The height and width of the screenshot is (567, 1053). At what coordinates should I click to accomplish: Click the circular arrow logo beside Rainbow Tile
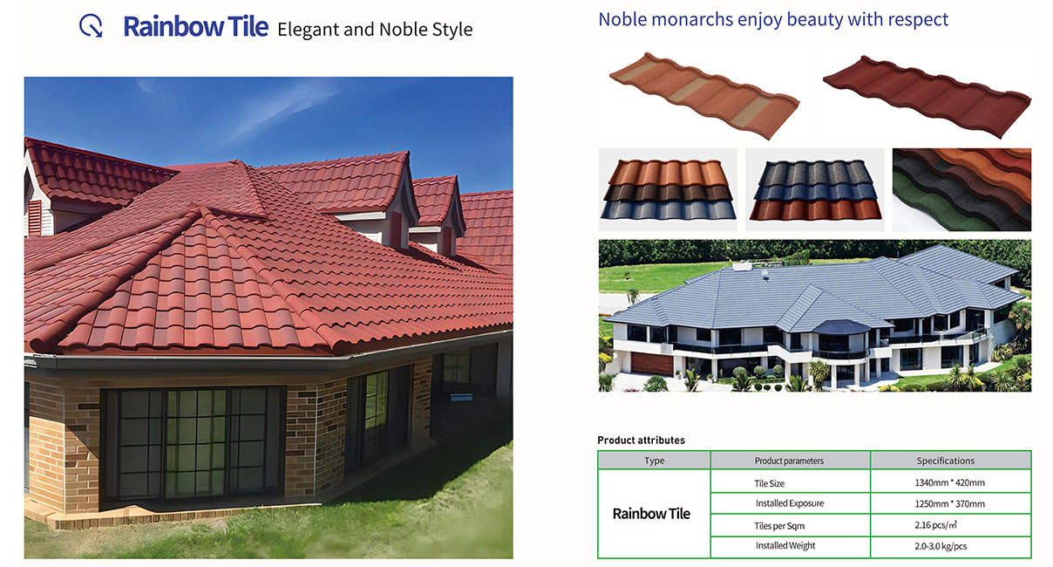point(91,25)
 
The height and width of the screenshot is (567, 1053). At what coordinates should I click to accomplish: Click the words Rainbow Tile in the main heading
point(195,27)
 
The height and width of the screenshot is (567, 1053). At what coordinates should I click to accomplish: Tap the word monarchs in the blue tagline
point(692,19)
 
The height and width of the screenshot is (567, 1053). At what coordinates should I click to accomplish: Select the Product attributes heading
point(641,440)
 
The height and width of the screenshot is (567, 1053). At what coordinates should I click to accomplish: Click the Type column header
point(654,461)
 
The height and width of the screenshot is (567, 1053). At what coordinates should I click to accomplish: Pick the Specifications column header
point(946,461)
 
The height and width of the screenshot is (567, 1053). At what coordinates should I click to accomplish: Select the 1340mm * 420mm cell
point(949,482)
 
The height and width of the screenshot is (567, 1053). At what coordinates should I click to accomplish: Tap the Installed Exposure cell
point(790,503)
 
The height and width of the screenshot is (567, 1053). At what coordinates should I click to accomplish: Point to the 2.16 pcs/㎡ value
point(935,524)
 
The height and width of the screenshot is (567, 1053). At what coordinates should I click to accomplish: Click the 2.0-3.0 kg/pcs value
point(941,546)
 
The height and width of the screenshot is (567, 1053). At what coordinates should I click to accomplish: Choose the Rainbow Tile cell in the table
point(651,514)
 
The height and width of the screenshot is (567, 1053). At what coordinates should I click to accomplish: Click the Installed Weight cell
point(785,546)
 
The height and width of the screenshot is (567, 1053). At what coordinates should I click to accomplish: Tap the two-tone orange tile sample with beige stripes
point(704,96)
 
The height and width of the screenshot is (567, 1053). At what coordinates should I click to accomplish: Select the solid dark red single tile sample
point(927,97)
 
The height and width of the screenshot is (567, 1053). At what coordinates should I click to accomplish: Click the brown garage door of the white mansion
point(651,364)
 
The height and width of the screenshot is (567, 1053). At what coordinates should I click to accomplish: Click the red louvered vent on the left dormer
point(35,217)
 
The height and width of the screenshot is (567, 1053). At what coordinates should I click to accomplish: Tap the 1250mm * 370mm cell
point(949,504)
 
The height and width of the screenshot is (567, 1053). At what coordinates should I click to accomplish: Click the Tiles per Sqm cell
point(779,526)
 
